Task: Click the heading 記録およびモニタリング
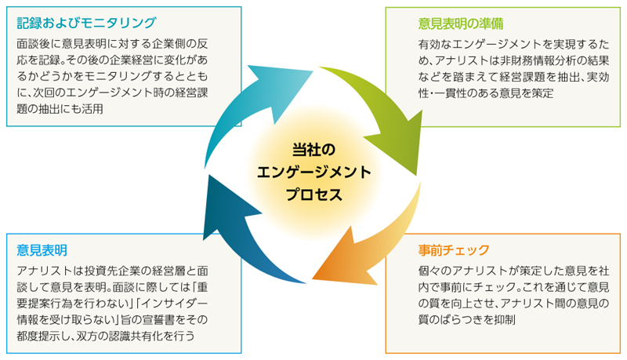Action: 86,23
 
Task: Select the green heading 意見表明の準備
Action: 461,24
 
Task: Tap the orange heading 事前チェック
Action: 454,250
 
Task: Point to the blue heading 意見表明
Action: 42,250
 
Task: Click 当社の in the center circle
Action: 313,150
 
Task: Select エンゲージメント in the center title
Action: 313,173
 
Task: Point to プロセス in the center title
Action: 313,195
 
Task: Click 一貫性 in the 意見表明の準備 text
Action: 450,93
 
